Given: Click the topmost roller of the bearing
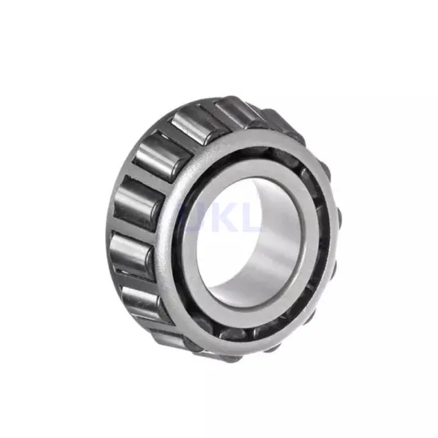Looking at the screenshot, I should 231,111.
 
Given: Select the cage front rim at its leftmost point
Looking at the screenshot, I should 167,239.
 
